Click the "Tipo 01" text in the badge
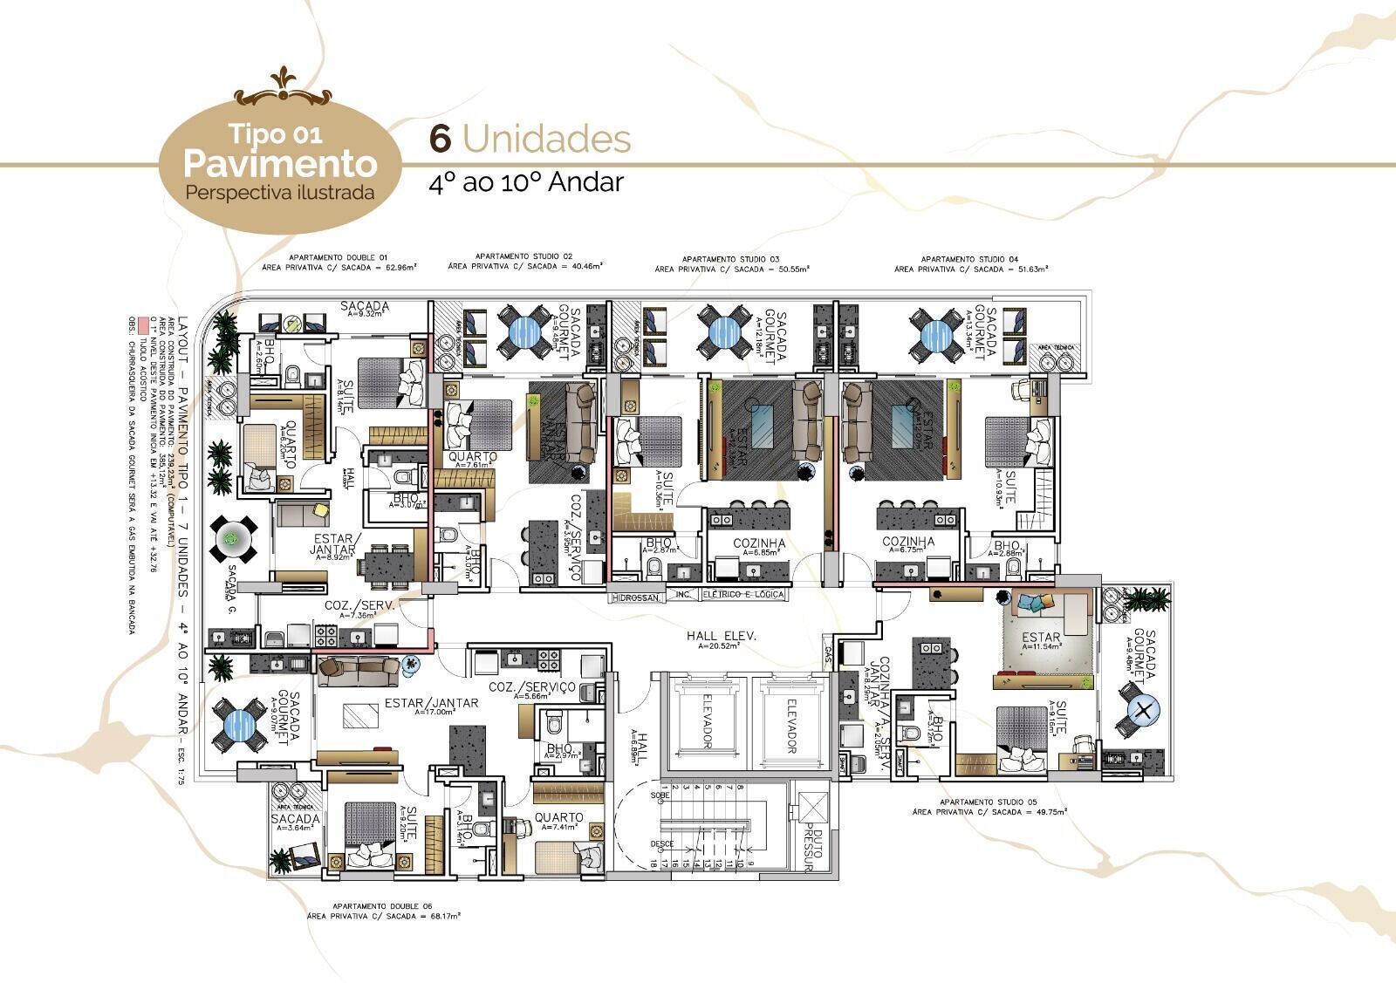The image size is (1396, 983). click(x=276, y=133)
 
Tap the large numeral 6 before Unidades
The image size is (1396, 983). click(x=441, y=139)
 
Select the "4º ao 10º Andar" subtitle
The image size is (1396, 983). click(x=526, y=182)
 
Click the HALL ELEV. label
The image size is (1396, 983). click(x=722, y=637)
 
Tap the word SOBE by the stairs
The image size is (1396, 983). click(x=660, y=796)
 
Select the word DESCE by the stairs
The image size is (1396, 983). click(x=662, y=844)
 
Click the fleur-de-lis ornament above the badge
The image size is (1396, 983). click(x=279, y=81)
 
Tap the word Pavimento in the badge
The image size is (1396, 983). click(x=280, y=163)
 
